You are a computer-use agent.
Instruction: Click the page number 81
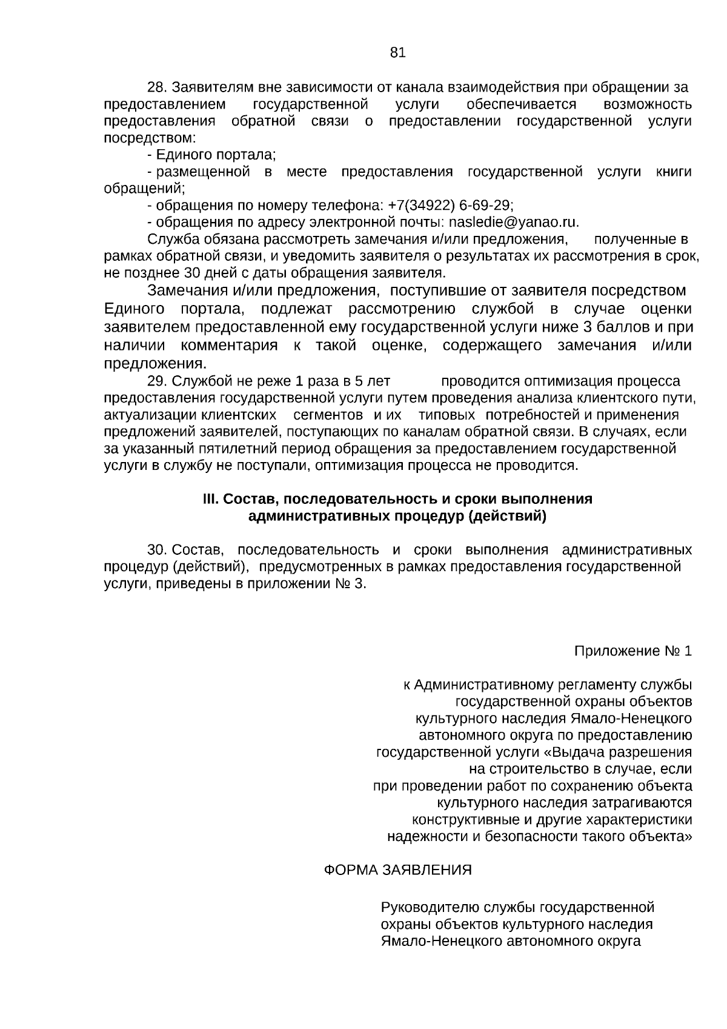[397, 53]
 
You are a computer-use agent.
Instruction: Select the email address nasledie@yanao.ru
[513, 222]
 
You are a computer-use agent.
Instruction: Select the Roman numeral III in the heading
[210, 499]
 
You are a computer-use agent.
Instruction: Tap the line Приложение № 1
[632, 651]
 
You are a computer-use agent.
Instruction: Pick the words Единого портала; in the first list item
[216, 155]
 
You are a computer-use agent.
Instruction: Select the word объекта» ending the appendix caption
[662, 837]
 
